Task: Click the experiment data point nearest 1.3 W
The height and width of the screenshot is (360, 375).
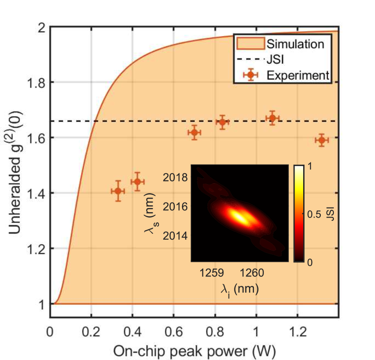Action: [x=321, y=140]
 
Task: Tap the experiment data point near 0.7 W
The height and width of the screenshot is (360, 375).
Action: [x=194, y=133]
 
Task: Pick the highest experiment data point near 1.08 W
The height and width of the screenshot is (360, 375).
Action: [x=272, y=118]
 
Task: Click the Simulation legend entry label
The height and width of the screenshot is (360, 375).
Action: [x=295, y=44]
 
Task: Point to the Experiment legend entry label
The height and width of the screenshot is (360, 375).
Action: [x=297, y=75]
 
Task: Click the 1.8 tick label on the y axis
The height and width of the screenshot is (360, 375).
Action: [x=34, y=82]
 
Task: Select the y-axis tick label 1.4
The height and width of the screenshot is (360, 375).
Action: [x=34, y=193]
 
